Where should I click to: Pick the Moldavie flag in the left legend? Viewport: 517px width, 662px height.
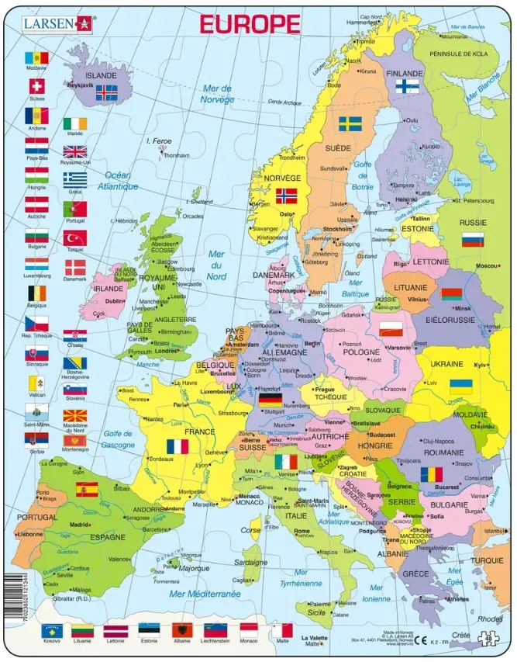click(x=36, y=58)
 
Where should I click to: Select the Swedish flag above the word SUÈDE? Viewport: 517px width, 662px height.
click(x=350, y=124)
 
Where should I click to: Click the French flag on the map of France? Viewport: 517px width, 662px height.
click(x=177, y=447)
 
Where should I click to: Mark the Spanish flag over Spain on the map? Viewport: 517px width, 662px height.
click(x=85, y=489)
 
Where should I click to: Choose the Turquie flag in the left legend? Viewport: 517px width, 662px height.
click(x=75, y=238)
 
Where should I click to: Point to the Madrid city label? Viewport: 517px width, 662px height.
click(x=79, y=525)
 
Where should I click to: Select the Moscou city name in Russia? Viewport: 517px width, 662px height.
click(x=486, y=266)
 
